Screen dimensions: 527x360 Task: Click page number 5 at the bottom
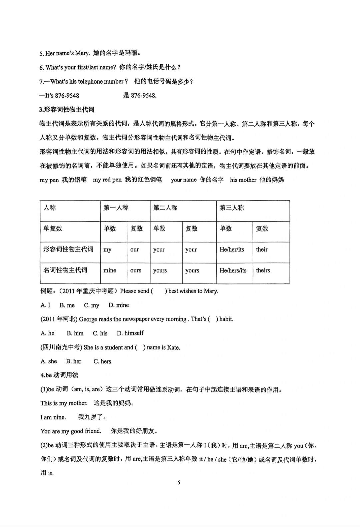point(179,483)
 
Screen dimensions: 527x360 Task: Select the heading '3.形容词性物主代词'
point(67,110)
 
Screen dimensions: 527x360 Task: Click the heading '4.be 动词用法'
point(59,375)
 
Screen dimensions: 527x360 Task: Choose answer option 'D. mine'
point(119,305)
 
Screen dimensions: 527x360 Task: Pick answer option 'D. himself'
point(130,333)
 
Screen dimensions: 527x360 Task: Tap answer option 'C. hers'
point(102,361)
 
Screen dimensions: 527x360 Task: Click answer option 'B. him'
point(75,333)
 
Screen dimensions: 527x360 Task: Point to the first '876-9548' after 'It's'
point(67,96)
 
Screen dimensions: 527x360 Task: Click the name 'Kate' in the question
point(173,347)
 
